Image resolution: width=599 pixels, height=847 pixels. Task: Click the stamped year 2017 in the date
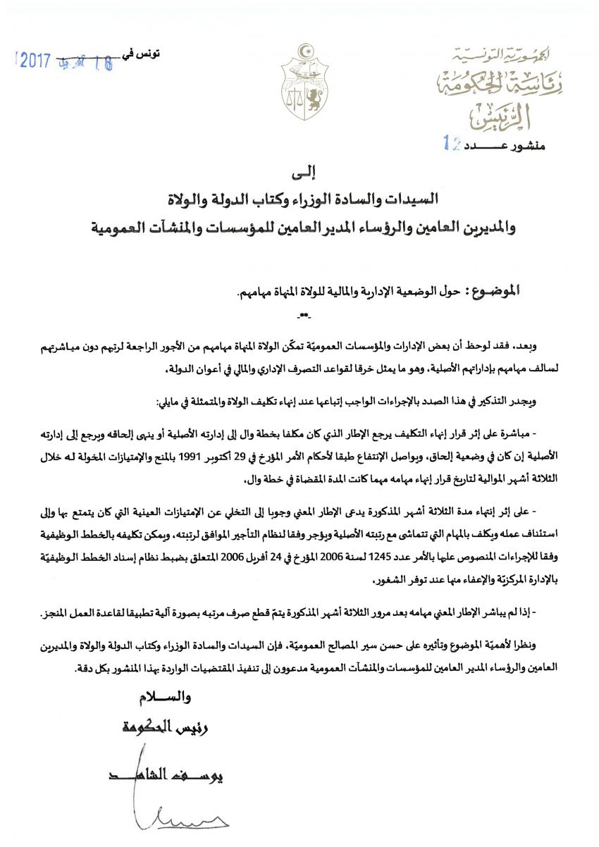(x=33, y=61)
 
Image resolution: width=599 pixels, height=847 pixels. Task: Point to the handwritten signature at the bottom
(x=183, y=817)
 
